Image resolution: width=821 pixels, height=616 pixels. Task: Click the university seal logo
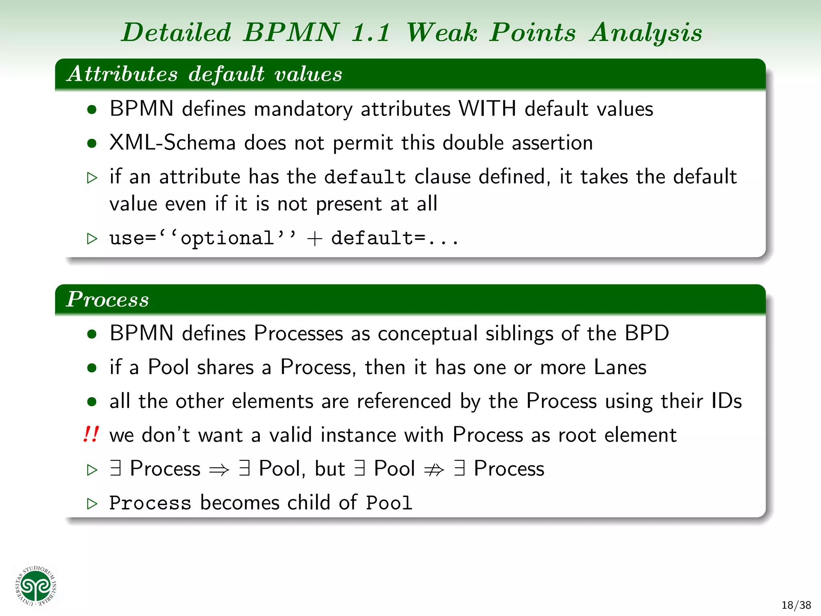(x=36, y=586)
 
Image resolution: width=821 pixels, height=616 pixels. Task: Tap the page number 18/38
(x=796, y=605)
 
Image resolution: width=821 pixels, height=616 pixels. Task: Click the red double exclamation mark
(x=91, y=434)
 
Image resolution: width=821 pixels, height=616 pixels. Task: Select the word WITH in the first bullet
(x=487, y=109)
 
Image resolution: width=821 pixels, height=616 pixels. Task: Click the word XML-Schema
(x=172, y=143)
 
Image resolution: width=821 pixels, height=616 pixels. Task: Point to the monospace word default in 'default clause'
(x=365, y=177)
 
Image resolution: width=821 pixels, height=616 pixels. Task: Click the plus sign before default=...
(x=315, y=239)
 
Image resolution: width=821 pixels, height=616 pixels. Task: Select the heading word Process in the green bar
(x=107, y=299)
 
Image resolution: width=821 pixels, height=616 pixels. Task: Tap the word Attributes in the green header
(x=122, y=74)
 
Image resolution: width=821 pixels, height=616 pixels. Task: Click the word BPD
(x=647, y=333)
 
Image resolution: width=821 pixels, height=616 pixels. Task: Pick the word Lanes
(x=620, y=367)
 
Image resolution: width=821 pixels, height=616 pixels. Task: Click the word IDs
(x=726, y=401)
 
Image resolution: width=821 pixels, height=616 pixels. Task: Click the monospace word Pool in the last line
(x=389, y=503)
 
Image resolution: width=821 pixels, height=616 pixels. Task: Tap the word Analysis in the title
(x=645, y=32)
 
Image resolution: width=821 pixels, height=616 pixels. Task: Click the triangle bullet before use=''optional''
(x=92, y=239)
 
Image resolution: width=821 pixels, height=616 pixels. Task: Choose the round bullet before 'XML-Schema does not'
(x=92, y=143)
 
